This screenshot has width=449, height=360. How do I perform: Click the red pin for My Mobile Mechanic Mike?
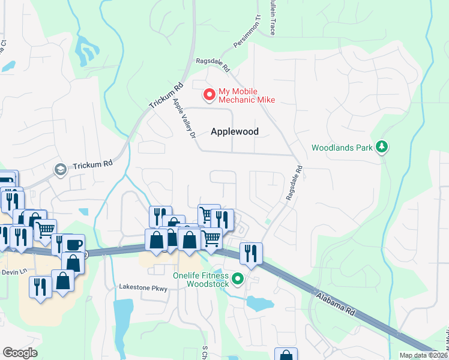click(209, 95)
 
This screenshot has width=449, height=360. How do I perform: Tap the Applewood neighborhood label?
click(235, 131)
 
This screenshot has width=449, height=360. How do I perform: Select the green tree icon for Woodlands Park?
click(381, 147)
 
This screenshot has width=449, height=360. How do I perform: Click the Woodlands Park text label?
click(341, 148)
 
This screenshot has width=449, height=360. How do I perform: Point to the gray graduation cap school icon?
click(60, 170)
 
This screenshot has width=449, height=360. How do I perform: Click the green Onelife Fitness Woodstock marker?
click(238, 278)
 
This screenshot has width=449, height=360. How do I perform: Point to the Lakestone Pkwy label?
click(143, 288)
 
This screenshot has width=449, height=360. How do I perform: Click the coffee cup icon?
click(74, 245)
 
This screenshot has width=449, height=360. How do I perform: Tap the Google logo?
click(20, 352)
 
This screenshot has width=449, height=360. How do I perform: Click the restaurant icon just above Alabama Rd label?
click(250, 252)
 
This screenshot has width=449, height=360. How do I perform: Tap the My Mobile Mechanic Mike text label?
click(247, 95)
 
